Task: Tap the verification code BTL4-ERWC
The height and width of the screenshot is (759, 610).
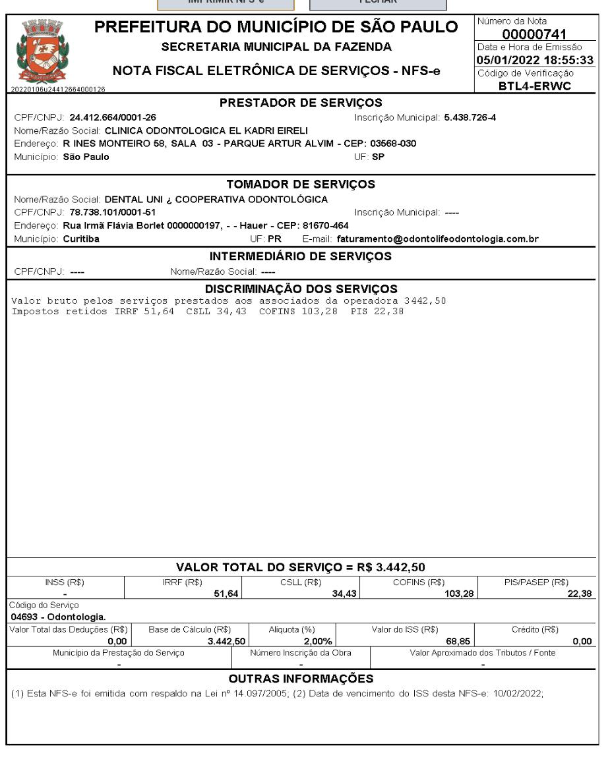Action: tap(534, 86)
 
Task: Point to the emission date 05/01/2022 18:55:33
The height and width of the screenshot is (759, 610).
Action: tap(534, 61)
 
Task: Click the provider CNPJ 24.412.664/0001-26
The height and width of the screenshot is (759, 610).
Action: tap(113, 118)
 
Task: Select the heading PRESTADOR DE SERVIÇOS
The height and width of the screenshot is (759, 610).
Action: tap(301, 103)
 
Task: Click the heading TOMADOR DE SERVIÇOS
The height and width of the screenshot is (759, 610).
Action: tap(301, 185)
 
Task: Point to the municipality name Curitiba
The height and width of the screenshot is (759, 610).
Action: tap(81, 239)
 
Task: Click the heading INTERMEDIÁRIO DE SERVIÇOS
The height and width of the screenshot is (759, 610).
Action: tap(301, 256)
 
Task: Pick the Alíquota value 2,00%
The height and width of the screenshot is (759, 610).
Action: tap(317, 641)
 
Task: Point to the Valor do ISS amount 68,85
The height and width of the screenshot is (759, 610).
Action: tap(456, 641)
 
